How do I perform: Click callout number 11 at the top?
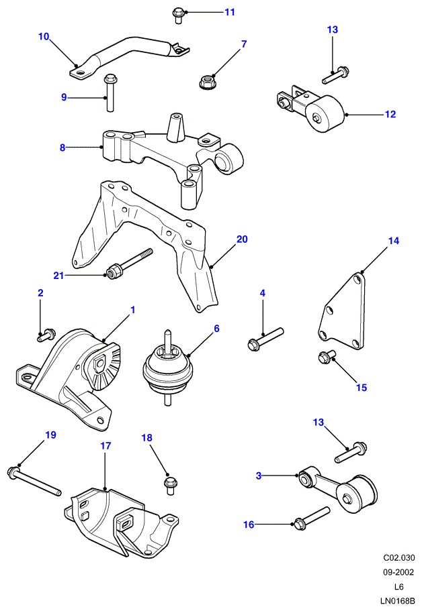coord(230,12)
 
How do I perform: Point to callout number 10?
coord(44,37)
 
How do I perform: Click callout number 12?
coord(390,115)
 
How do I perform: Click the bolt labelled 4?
coord(265,337)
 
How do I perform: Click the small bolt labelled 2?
coord(48,335)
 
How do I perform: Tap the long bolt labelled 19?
coord(34,482)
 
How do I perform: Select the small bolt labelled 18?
coord(169,482)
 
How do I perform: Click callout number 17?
coord(105,445)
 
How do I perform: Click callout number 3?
coord(259,476)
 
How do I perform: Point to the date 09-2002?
coord(398,572)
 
